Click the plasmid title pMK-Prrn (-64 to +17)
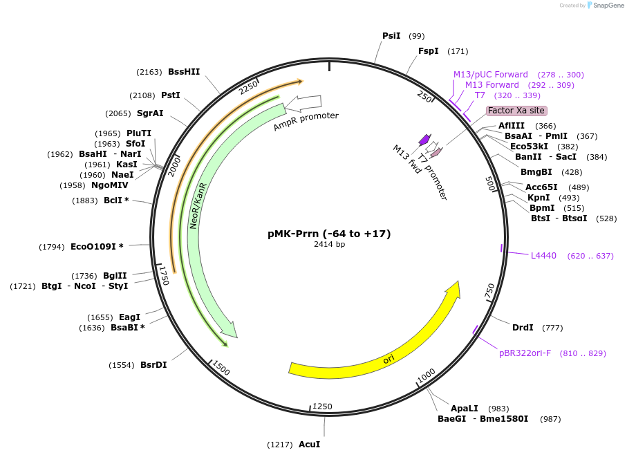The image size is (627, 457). pos(329,234)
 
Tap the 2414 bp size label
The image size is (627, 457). pos(329,245)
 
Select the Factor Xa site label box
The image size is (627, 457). pos(516,111)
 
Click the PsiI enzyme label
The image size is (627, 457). pos(391,36)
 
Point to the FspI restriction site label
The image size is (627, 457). pos(429,51)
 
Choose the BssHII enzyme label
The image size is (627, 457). pos(184,71)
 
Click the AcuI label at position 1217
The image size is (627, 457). pos(309,444)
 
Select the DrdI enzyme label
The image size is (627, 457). pos(523,328)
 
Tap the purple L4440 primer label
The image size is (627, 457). pos(543,256)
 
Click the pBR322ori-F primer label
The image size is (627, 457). pos(525,353)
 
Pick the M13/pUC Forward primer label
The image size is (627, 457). pos(491,75)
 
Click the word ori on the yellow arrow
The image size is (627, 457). pos(389,360)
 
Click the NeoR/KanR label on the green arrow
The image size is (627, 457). pos(198,206)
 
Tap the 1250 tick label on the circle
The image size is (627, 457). pos(323,407)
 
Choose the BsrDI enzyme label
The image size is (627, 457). pos(153,365)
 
